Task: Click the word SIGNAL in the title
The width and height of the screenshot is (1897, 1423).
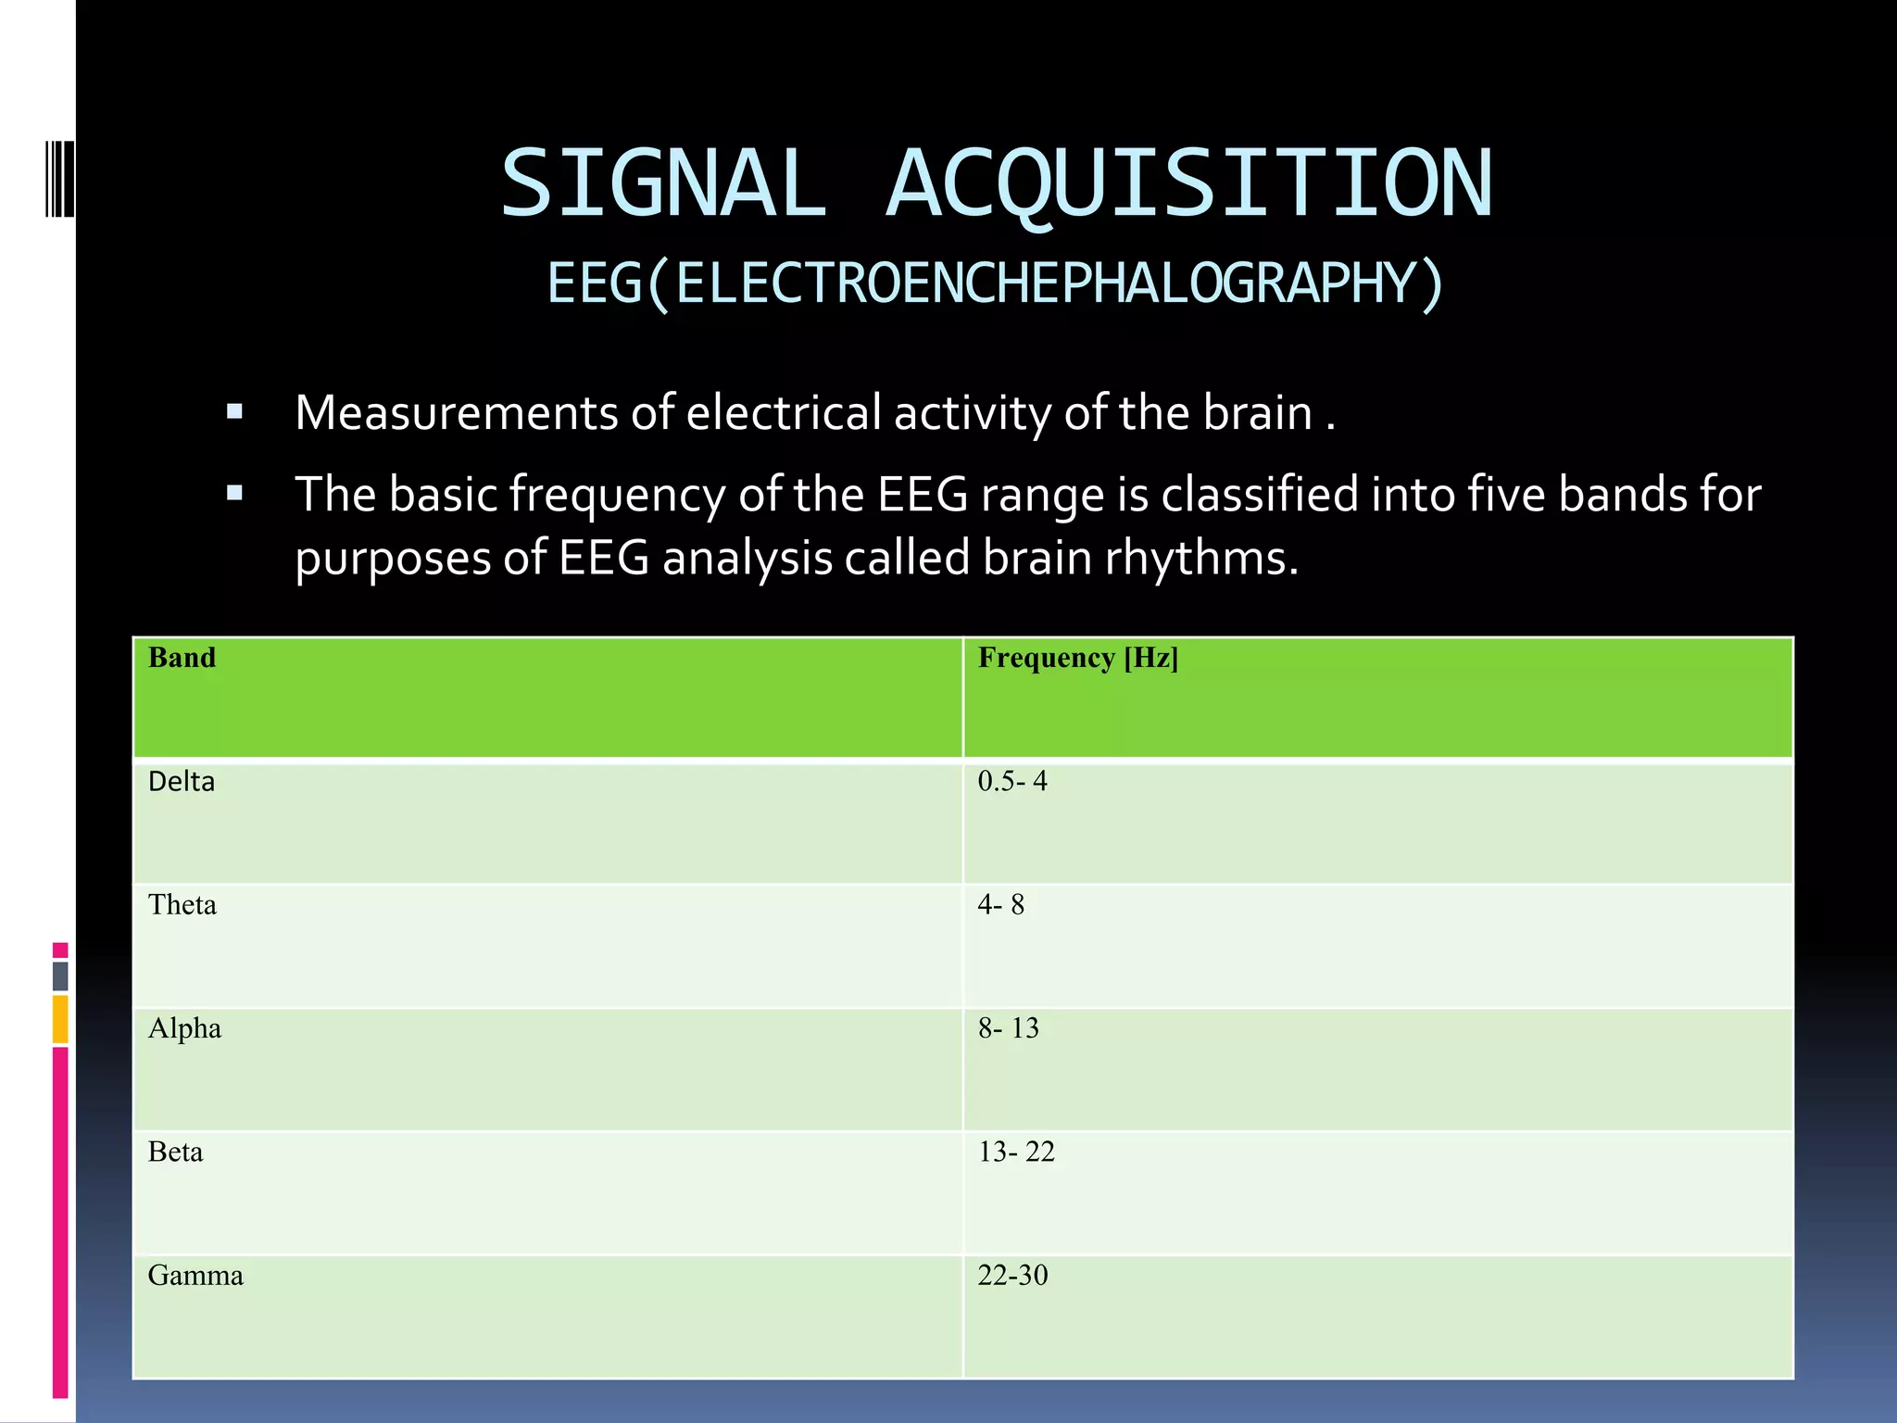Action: (663, 183)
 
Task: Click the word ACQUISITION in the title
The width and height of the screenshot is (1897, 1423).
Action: (1189, 183)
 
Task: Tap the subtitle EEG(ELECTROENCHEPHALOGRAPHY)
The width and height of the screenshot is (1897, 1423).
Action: (996, 283)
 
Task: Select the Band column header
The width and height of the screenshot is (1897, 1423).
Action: (182, 658)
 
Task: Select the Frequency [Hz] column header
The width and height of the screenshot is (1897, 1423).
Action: (1078, 658)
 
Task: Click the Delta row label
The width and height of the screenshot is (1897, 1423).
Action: (182, 781)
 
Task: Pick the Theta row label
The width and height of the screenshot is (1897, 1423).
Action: (182, 904)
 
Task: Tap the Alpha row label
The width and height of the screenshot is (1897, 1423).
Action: (184, 1028)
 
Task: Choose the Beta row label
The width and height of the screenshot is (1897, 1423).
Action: (175, 1152)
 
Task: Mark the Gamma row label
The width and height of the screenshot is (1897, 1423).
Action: (195, 1276)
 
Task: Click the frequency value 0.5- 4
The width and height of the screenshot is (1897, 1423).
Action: (1012, 781)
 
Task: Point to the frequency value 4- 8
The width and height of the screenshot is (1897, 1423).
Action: (1000, 904)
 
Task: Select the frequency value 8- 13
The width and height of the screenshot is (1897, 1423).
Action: (1008, 1028)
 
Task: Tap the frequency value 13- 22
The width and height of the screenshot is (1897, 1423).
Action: (1016, 1152)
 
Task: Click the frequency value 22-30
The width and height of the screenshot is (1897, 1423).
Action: (1012, 1276)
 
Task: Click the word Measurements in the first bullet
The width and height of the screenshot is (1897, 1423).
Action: (456, 413)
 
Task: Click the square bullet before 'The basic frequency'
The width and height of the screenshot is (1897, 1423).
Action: (234, 493)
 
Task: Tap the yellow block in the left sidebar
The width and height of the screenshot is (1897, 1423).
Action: (60, 1018)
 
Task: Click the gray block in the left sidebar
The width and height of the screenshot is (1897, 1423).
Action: (60, 976)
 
